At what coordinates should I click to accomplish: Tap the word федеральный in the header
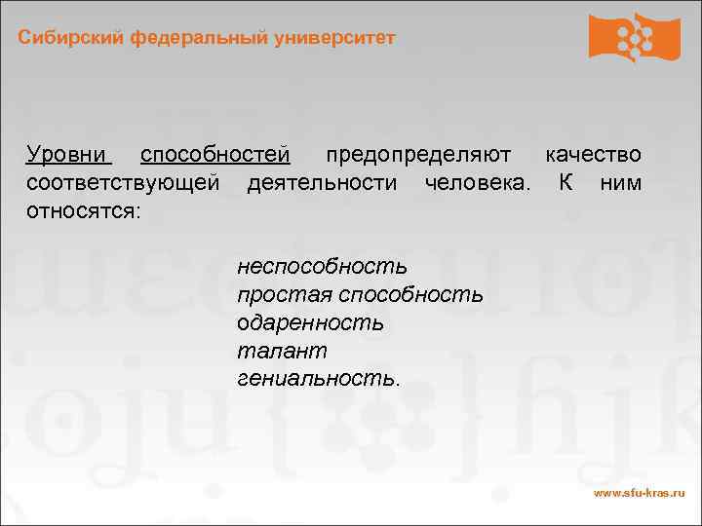pos(189,38)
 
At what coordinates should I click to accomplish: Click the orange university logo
pos(634,38)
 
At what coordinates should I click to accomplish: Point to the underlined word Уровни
pos(69,156)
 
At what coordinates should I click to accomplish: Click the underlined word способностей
pos(215,156)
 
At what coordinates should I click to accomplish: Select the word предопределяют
pos(418,156)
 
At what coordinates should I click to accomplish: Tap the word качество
pos(593,156)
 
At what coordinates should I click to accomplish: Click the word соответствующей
pos(124,183)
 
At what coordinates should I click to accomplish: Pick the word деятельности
pos(323,183)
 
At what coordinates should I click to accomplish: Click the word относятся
pos(84,210)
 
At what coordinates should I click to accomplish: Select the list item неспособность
pos(323,267)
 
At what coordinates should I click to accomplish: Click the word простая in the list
pos(284,295)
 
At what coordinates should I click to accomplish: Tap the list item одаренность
pos(310,322)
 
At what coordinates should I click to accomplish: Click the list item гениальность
pos(318,377)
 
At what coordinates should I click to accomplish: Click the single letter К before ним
pos(566,183)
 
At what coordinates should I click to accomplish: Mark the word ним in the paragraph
pos(621,183)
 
